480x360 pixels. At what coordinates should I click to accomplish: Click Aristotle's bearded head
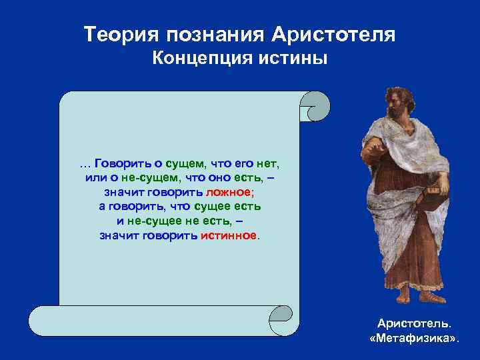399,104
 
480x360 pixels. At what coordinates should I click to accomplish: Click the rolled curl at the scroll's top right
313,107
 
